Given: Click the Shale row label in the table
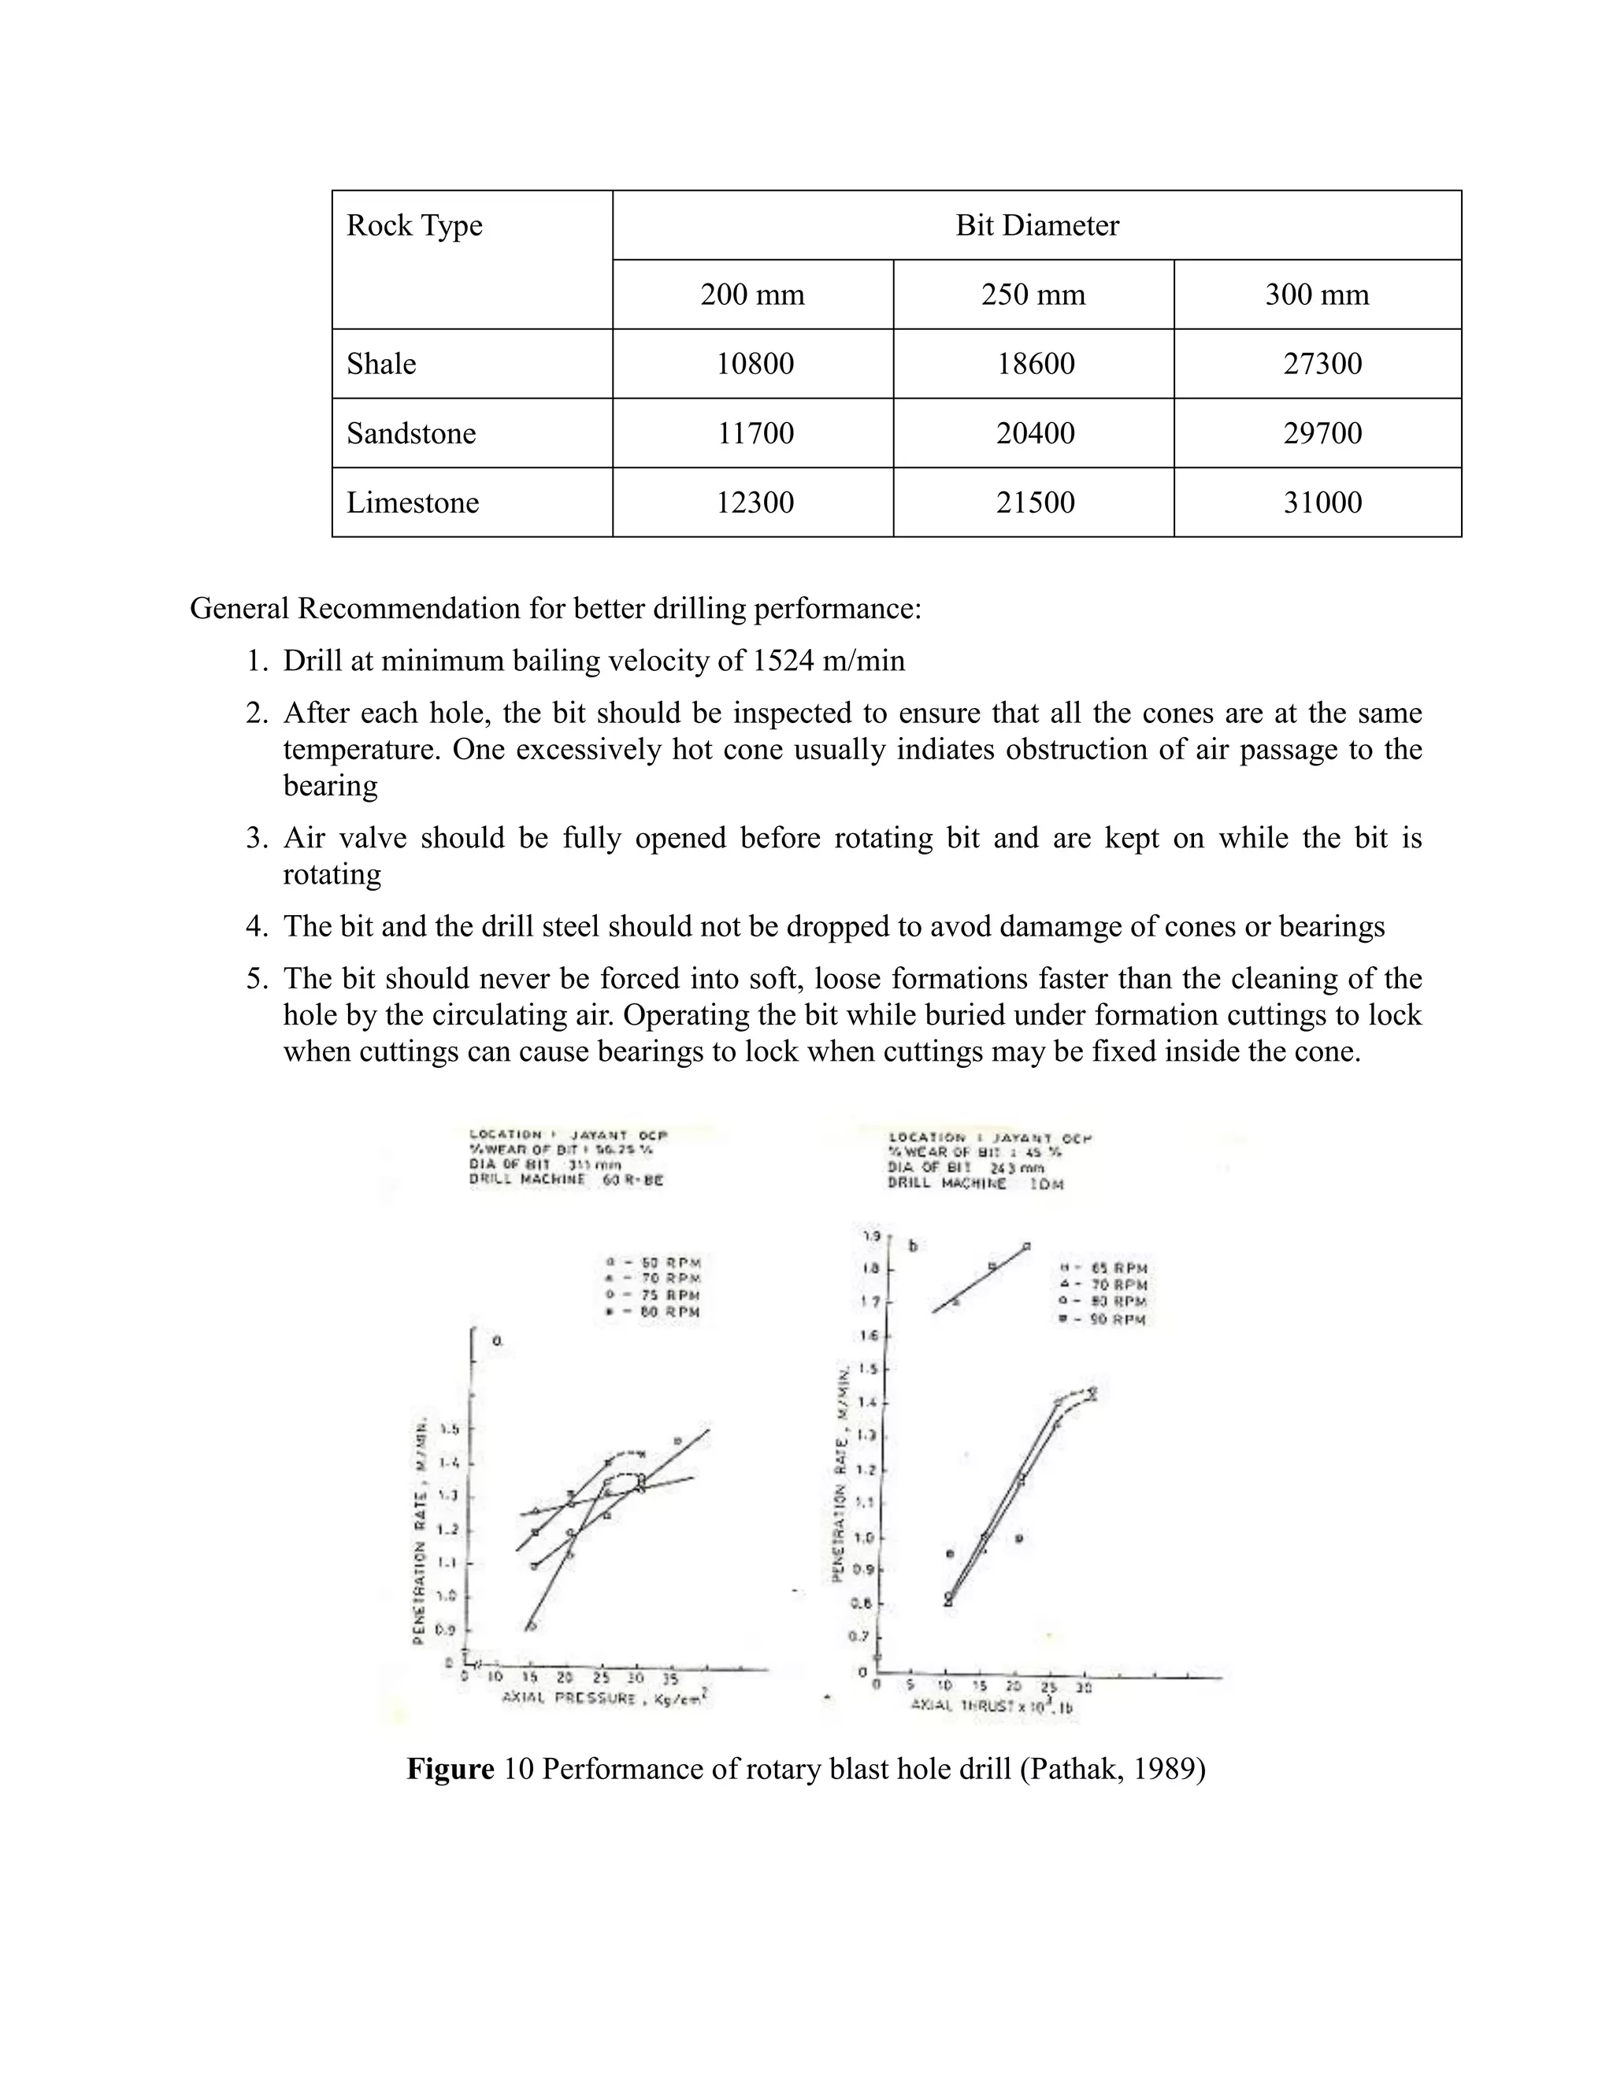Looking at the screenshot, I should (x=381, y=364).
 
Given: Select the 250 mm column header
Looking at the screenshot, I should (x=1033, y=295).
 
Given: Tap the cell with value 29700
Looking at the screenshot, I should (x=1322, y=433).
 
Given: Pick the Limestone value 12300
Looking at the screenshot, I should (x=755, y=502).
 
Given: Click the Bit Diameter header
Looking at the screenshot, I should (x=1036, y=225).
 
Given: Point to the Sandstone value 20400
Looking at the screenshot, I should (x=1035, y=433).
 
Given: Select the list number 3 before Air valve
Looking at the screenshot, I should (x=255, y=838).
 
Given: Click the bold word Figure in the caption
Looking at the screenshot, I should (x=450, y=1769).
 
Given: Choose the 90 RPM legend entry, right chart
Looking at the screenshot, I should (x=1106, y=1320).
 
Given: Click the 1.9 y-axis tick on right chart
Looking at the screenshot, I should (x=870, y=1236).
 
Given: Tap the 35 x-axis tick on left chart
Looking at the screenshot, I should (x=670, y=1678).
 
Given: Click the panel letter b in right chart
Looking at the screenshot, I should (x=913, y=1246).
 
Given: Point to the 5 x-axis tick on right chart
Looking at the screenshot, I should (x=910, y=1685).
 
